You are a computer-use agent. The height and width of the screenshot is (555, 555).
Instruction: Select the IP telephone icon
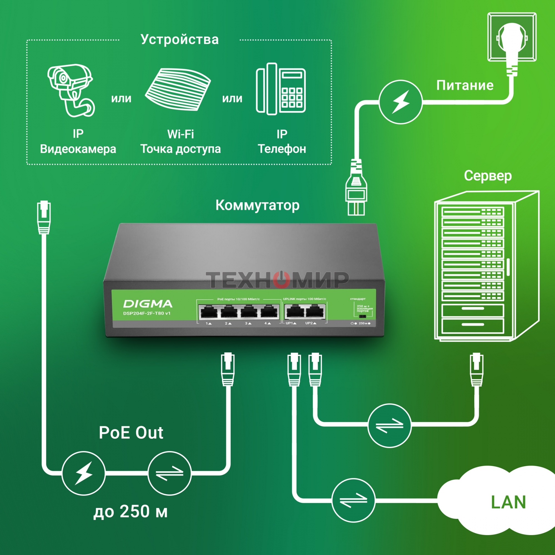pos(281,89)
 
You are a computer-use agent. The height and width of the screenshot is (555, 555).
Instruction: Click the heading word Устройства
pos(180,39)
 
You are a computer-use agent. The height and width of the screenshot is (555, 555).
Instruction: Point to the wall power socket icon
pos(512,37)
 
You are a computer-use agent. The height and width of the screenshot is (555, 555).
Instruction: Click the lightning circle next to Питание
pos(400,102)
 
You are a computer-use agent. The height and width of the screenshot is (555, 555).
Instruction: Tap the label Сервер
pos(488,176)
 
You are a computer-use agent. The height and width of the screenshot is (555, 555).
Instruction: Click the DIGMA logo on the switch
pos(148,304)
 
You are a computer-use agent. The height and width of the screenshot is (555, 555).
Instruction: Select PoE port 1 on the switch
pos(209,312)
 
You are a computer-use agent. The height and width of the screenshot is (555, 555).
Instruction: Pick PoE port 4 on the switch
pos(269,312)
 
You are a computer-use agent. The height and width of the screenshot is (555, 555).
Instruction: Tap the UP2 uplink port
pos(315,312)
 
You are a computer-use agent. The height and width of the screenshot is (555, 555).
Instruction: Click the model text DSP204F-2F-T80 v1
pos(147,313)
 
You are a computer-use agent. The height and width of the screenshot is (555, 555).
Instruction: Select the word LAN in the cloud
pos(508,502)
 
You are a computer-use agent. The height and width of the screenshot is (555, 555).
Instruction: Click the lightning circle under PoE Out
pos(83,473)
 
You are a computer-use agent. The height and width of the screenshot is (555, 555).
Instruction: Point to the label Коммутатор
pos(258,205)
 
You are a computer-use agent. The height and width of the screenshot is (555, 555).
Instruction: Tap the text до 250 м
pos(130,511)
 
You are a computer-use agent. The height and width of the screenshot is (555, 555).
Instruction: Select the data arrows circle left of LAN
pos(353,500)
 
